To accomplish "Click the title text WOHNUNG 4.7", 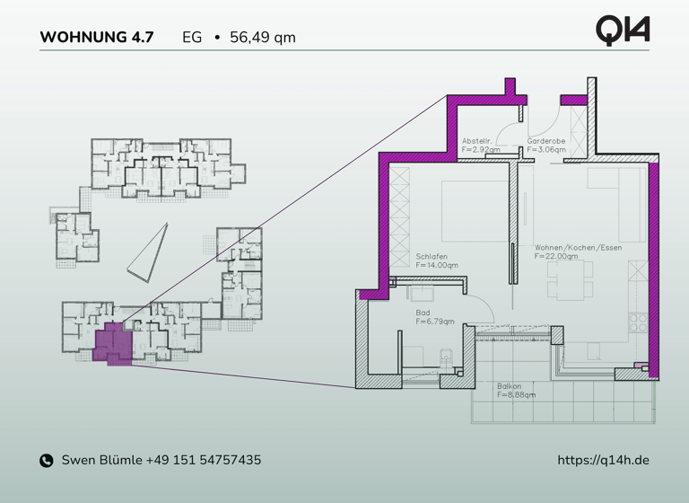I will click(x=97, y=38).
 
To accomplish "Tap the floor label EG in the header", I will click(x=192, y=38).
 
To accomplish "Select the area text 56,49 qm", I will click(x=262, y=38).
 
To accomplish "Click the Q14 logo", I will click(x=622, y=30).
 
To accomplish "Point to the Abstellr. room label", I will click(x=476, y=142).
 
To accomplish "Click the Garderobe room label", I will click(x=545, y=142).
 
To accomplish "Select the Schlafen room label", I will click(x=432, y=257).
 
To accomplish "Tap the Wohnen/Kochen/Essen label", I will click(x=578, y=248).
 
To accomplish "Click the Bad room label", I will click(x=423, y=313).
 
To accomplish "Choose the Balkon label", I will click(x=509, y=386).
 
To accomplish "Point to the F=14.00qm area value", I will click(x=437, y=265).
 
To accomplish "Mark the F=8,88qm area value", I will click(x=517, y=394).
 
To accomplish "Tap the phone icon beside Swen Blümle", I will click(x=47, y=461).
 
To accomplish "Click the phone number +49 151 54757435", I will click(x=204, y=460).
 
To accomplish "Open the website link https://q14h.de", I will click(x=603, y=460).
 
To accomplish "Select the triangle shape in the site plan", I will click(x=149, y=252).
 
